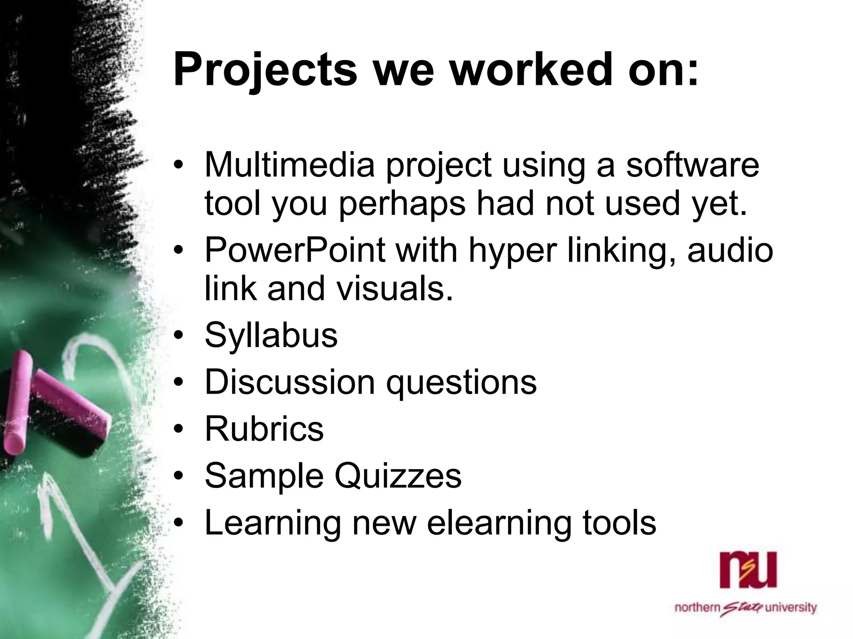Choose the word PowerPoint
tap(295, 250)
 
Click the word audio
tap(730, 250)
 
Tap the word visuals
tap(394, 289)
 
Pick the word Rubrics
tap(264, 429)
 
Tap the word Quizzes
tap(398, 476)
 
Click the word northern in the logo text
tap(697, 608)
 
